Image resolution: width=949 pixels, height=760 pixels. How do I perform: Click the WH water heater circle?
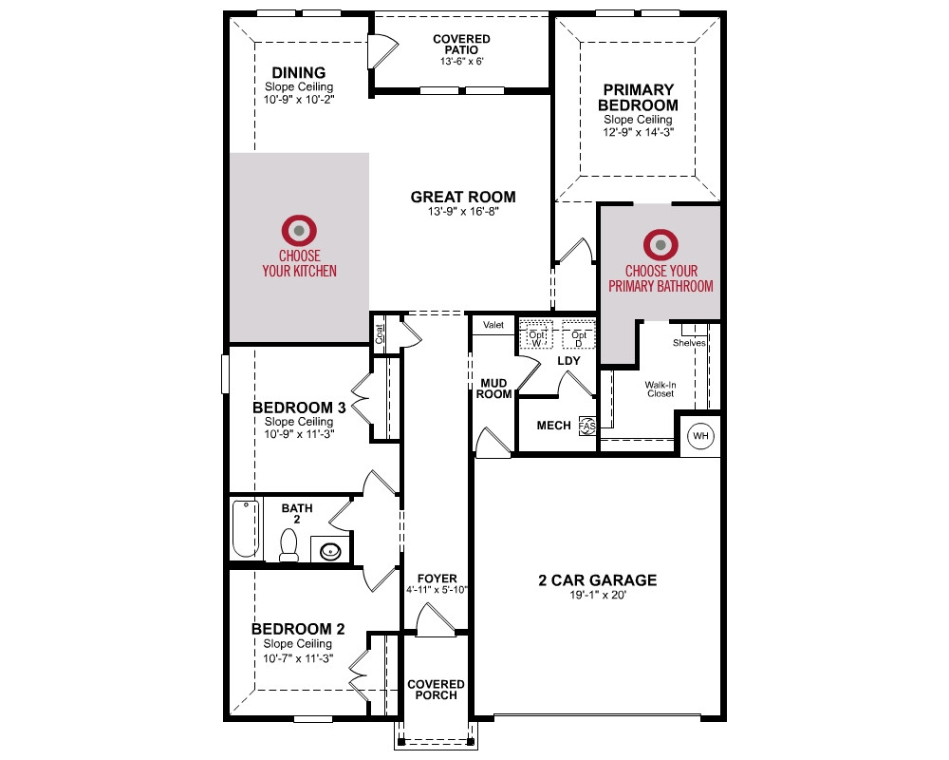pyautogui.click(x=700, y=436)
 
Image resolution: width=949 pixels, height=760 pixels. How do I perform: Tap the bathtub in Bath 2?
pyautogui.click(x=246, y=528)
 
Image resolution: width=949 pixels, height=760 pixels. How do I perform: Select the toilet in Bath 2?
pyautogui.click(x=288, y=545)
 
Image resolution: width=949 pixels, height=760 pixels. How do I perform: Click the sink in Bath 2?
pyautogui.click(x=330, y=551)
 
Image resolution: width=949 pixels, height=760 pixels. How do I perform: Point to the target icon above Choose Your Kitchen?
pyautogui.click(x=299, y=230)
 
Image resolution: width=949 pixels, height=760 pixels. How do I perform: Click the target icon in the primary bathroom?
pyautogui.click(x=661, y=245)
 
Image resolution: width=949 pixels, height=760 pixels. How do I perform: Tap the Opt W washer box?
pyautogui.click(x=536, y=334)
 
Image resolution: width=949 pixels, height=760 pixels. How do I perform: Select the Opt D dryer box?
pyautogui.click(x=578, y=334)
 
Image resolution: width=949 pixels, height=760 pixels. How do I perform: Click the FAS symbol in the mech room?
pyautogui.click(x=587, y=426)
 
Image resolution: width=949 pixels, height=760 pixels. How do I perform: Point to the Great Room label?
pyautogui.click(x=463, y=197)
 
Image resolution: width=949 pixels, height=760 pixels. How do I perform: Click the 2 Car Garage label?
pyautogui.click(x=597, y=580)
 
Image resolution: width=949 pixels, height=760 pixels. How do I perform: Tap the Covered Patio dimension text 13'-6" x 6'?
pyautogui.click(x=462, y=61)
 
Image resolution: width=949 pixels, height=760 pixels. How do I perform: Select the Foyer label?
pyautogui.click(x=437, y=579)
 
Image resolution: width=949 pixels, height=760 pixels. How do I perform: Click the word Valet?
pyautogui.click(x=493, y=325)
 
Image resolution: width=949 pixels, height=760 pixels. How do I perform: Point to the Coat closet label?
pyautogui.click(x=380, y=334)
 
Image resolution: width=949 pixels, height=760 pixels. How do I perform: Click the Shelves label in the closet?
pyautogui.click(x=689, y=342)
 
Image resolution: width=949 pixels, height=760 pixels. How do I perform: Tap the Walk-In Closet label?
pyautogui.click(x=661, y=389)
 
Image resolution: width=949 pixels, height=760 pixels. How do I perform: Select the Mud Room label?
pyautogui.click(x=493, y=389)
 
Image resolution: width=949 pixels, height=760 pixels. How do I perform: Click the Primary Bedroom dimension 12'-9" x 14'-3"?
pyautogui.click(x=638, y=132)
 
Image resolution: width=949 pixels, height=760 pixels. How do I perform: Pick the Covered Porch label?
pyautogui.click(x=436, y=690)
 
